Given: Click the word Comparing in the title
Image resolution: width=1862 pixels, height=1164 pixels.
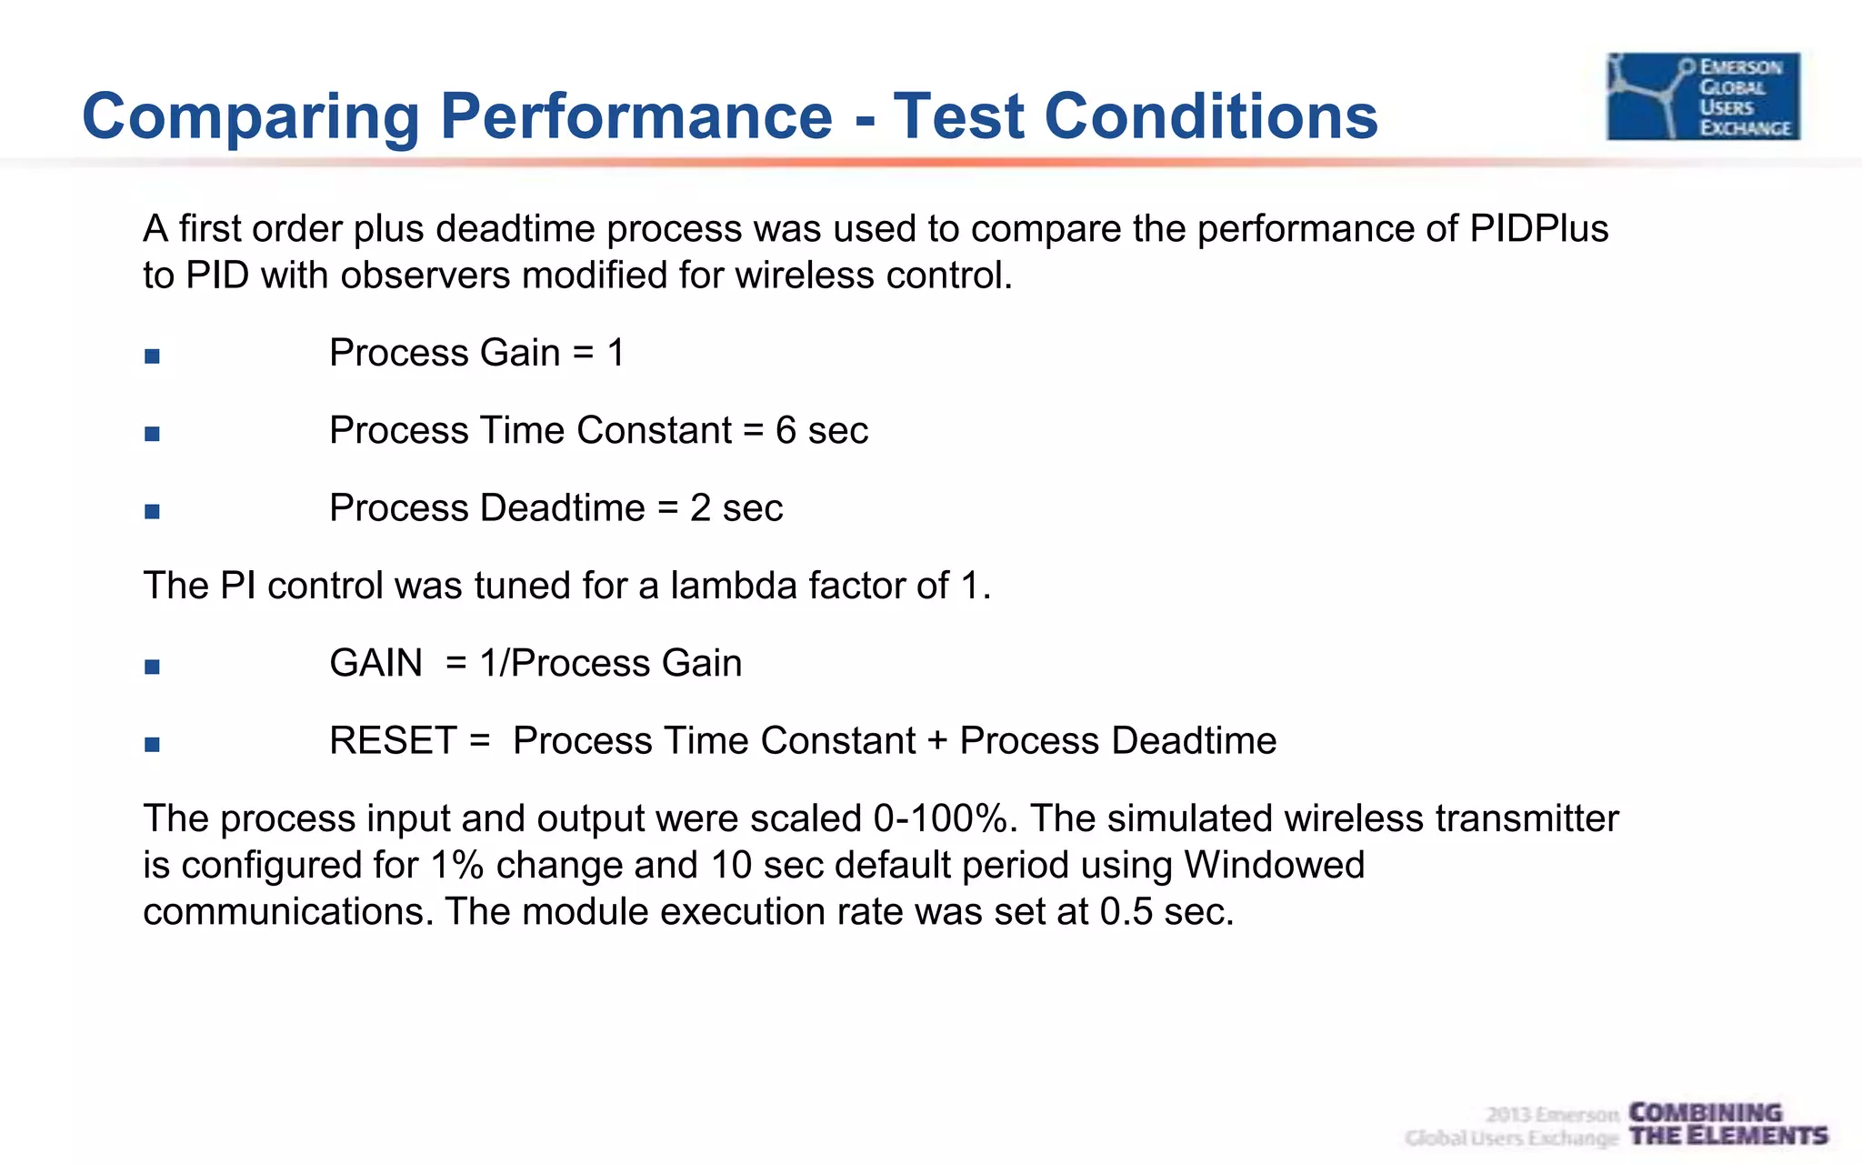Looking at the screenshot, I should [x=250, y=117].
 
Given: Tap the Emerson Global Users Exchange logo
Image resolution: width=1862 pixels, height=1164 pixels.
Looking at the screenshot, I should [x=1703, y=96].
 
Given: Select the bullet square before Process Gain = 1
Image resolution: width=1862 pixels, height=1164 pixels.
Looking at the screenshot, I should [x=152, y=356].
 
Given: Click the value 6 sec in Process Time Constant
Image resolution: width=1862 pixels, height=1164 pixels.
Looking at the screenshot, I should [x=821, y=430].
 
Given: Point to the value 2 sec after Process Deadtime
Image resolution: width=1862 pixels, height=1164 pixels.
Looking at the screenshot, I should [x=736, y=507].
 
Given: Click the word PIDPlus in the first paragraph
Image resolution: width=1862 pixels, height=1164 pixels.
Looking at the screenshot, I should [x=1538, y=228].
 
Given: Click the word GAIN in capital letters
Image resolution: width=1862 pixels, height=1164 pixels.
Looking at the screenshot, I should [x=375, y=663].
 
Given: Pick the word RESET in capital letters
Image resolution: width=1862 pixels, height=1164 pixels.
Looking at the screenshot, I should [x=392, y=741].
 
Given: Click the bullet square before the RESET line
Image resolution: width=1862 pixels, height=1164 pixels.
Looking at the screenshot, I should [x=152, y=745].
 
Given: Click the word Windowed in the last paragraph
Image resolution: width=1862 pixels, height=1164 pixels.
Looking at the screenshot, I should [x=1274, y=865].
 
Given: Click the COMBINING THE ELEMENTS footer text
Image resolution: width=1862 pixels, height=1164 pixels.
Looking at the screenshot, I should [x=1727, y=1124].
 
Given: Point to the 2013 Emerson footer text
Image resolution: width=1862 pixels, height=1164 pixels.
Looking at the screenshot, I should [x=1552, y=1114].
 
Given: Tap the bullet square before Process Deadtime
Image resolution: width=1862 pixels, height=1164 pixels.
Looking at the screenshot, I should [x=152, y=511].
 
